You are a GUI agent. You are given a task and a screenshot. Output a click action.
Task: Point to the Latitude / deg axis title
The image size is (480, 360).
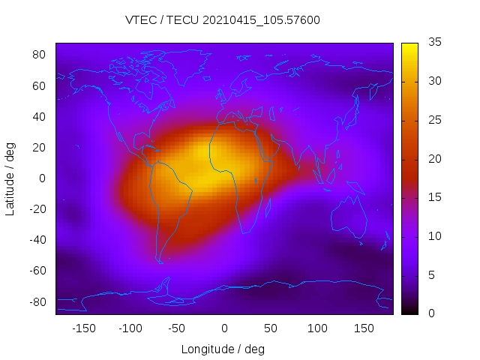(x=10, y=178)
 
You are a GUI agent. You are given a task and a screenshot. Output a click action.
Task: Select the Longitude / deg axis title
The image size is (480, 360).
(x=223, y=349)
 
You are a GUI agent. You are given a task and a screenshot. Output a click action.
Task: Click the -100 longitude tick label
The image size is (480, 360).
(x=130, y=328)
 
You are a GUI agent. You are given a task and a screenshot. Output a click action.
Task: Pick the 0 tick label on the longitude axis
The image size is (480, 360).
(x=223, y=328)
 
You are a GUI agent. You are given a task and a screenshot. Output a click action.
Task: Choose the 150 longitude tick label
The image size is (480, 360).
(x=364, y=328)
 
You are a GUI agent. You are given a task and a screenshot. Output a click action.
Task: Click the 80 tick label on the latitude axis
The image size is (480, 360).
(x=40, y=55)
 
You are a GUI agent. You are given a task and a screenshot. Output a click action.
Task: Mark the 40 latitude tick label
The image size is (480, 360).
(x=40, y=116)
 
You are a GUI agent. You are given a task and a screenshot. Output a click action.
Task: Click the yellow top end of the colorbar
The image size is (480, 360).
(x=409, y=46)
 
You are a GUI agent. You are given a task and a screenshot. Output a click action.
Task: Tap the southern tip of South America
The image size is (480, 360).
(x=160, y=262)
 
